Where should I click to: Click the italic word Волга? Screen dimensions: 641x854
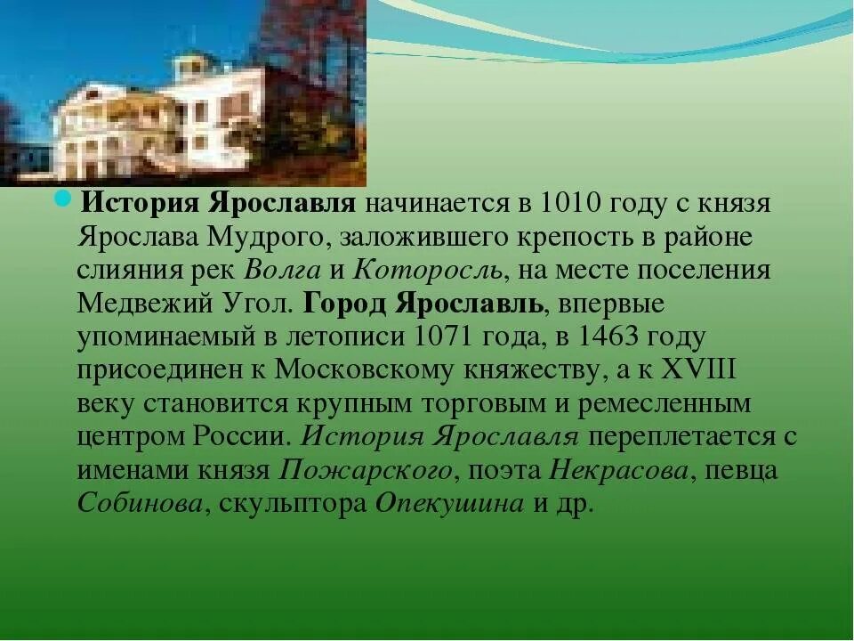pyautogui.click(x=278, y=270)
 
